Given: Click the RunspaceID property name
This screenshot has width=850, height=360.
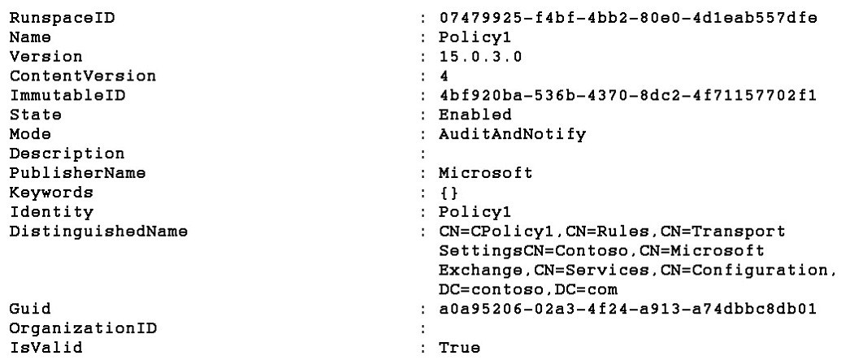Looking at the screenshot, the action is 63,18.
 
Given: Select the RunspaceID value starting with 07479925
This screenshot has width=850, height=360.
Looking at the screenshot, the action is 627,18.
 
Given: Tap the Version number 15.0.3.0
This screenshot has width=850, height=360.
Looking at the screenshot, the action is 480,56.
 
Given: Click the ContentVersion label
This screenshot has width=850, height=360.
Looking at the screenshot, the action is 82,76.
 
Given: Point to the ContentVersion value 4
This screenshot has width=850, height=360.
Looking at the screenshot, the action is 445,76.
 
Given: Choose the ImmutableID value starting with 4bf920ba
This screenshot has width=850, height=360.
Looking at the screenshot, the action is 627,95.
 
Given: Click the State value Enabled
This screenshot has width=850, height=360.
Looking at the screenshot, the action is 475,115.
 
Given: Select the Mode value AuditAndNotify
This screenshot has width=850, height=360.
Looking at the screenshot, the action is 512,134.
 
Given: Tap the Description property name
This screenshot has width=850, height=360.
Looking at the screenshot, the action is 67,154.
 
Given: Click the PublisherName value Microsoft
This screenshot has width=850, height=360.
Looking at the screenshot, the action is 486,173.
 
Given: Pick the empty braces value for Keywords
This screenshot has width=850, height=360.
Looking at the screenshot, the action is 449,193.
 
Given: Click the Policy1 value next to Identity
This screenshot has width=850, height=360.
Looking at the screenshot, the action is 475,211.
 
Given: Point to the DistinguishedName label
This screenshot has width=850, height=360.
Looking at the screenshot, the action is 98,232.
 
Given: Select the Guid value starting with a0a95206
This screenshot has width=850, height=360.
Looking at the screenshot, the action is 627,309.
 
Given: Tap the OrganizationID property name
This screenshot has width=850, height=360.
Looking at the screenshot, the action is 82,328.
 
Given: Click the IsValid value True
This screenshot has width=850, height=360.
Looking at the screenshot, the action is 459,348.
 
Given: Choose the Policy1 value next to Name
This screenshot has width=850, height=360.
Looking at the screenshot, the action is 475,37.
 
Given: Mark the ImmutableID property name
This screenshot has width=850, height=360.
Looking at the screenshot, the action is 67,95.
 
